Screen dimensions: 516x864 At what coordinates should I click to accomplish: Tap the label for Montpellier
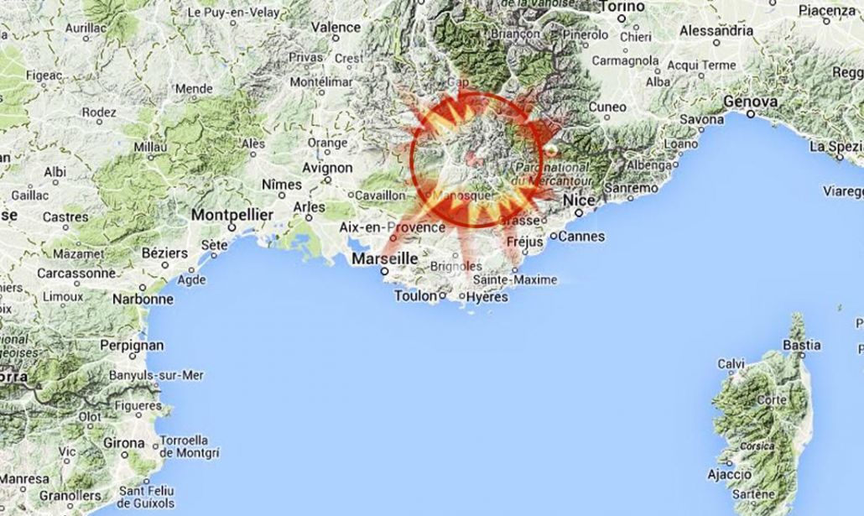pos(232,216)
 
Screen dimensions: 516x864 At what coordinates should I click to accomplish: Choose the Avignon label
pos(327,167)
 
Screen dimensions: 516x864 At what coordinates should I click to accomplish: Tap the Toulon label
pos(415,296)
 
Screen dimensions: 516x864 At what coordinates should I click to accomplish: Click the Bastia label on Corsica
pos(801,345)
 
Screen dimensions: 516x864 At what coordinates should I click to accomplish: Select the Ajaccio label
pos(729,475)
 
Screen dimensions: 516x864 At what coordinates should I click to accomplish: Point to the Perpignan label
pos(129,345)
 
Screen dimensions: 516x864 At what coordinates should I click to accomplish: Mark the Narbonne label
pos(141,298)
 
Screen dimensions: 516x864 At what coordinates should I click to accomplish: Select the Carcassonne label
pos(76,273)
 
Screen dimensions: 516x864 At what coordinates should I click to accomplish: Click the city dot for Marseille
pos(384,271)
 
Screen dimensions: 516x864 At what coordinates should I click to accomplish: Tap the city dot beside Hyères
pos(461,296)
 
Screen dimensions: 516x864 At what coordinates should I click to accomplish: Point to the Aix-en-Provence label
pos(392,227)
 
